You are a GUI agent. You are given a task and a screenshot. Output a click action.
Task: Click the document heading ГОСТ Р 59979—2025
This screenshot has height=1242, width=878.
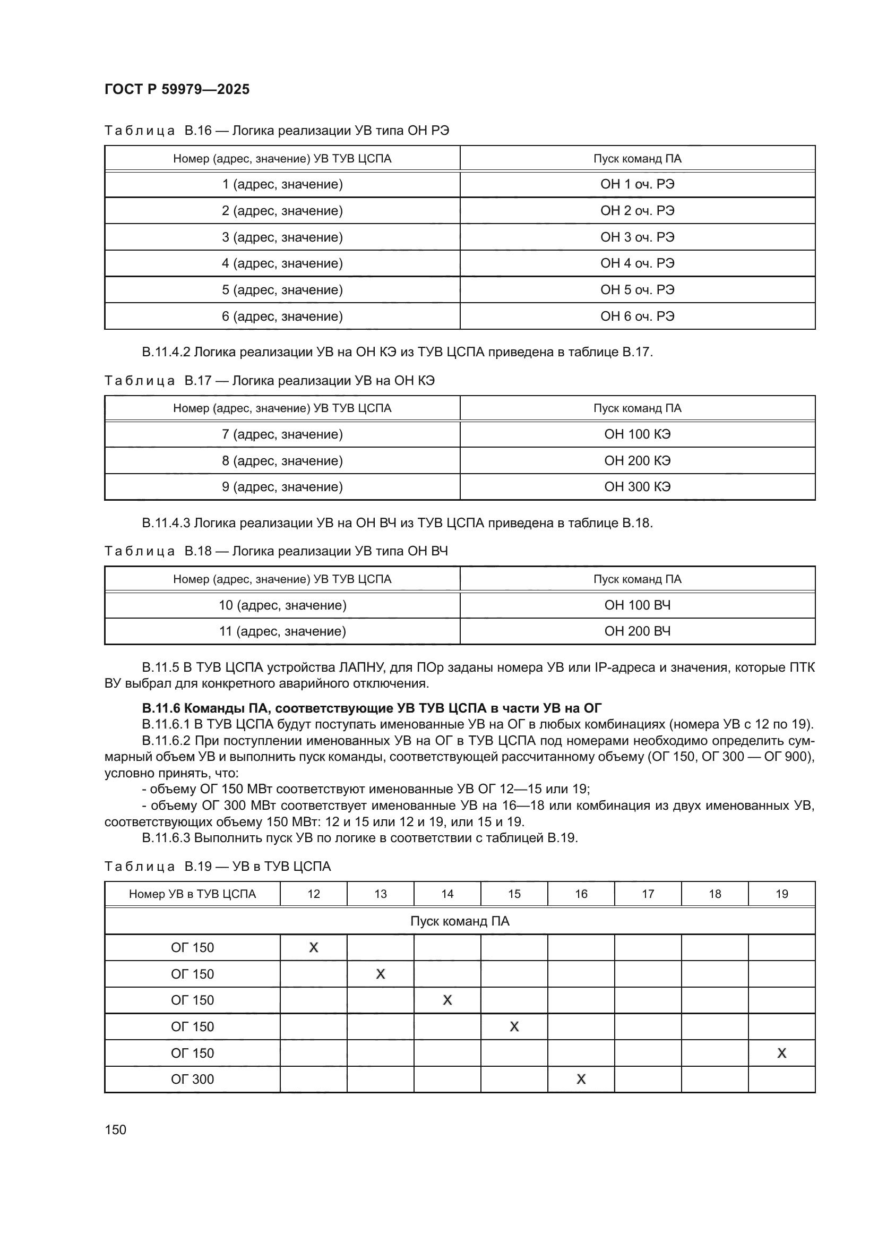(177, 89)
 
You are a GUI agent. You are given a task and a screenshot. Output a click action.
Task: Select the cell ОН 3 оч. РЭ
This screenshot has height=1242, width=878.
(637, 237)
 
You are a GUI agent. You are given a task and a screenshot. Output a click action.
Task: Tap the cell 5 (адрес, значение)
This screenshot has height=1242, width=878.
(282, 290)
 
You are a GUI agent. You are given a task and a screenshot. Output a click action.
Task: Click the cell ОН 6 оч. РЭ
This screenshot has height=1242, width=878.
(637, 316)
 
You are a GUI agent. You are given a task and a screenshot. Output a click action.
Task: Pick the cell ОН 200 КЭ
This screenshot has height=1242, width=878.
(637, 461)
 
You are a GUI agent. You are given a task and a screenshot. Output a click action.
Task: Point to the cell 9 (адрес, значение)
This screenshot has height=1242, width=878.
(282, 487)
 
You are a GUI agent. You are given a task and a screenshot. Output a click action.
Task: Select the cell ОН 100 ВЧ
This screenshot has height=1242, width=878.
(637, 605)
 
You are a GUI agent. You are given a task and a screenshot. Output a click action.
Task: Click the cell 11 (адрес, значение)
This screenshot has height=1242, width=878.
(282, 631)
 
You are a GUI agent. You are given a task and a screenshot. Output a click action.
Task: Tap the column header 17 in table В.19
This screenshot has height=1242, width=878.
(648, 894)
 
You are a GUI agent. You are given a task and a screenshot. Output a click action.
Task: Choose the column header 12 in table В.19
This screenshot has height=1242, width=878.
(314, 894)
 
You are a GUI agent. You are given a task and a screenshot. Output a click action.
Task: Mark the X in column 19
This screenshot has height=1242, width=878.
(781, 1053)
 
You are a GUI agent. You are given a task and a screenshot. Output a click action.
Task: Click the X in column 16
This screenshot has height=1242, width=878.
(581, 1080)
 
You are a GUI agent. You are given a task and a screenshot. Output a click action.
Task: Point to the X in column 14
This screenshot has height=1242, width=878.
(447, 1000)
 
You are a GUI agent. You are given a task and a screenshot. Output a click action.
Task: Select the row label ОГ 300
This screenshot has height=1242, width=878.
(193, 1080)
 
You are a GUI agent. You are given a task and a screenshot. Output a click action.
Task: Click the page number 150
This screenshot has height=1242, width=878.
(115, 1130)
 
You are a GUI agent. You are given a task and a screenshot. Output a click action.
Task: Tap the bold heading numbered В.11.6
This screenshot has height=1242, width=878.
(372, 708)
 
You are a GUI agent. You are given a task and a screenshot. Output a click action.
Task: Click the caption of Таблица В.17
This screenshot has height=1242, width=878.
(269, 381)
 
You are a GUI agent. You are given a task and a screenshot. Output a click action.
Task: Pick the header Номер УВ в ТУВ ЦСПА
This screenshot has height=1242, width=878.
(193, 894)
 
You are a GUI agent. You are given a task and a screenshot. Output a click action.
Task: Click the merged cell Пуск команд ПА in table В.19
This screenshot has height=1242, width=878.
(460, 921)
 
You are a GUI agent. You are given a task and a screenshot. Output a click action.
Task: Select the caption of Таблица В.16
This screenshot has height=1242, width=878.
(276, 131)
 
